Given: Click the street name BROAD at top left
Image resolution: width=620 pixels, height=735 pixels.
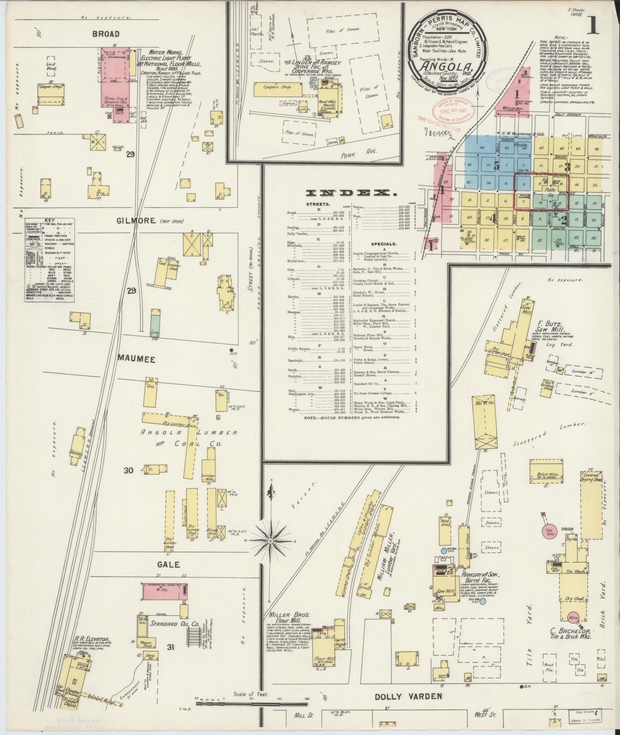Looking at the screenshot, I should click(x=106, y=34).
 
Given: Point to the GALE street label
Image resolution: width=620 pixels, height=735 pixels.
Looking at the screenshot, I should click(x=168, y=564).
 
